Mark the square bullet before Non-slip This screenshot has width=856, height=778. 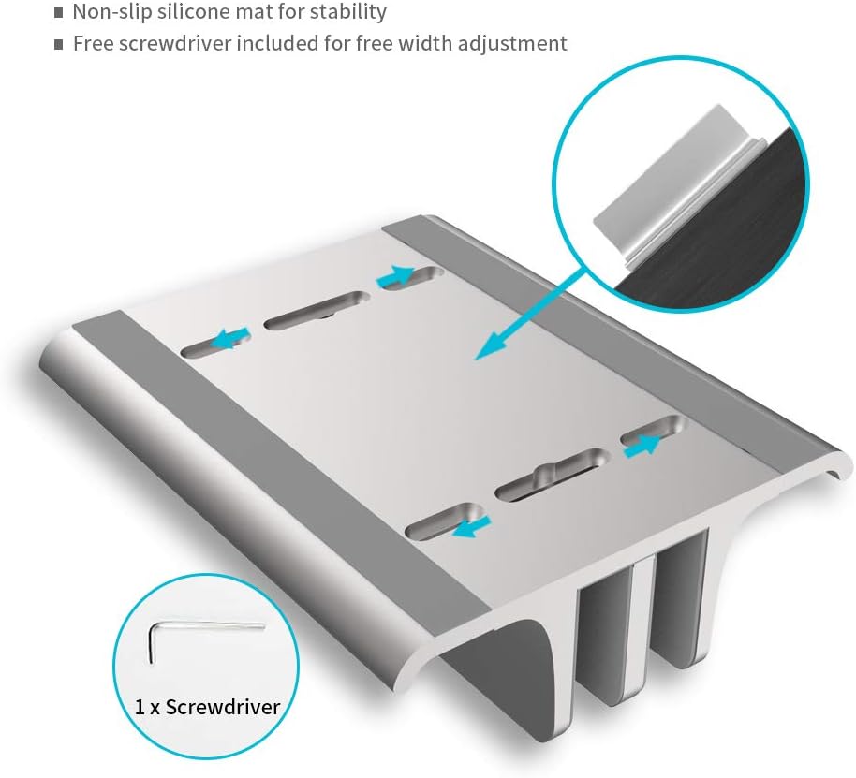[59, 13]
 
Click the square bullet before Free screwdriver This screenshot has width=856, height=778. [59, 45]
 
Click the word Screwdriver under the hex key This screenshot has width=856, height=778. [222, 707]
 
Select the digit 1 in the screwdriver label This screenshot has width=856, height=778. [140, 708]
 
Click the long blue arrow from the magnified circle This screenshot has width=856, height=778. [529, 315]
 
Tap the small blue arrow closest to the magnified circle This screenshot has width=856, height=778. [395, 276]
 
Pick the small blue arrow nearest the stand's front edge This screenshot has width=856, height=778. [471, 526]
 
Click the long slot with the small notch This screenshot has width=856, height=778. [552, 475]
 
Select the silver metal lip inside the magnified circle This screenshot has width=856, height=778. [677, 185]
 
